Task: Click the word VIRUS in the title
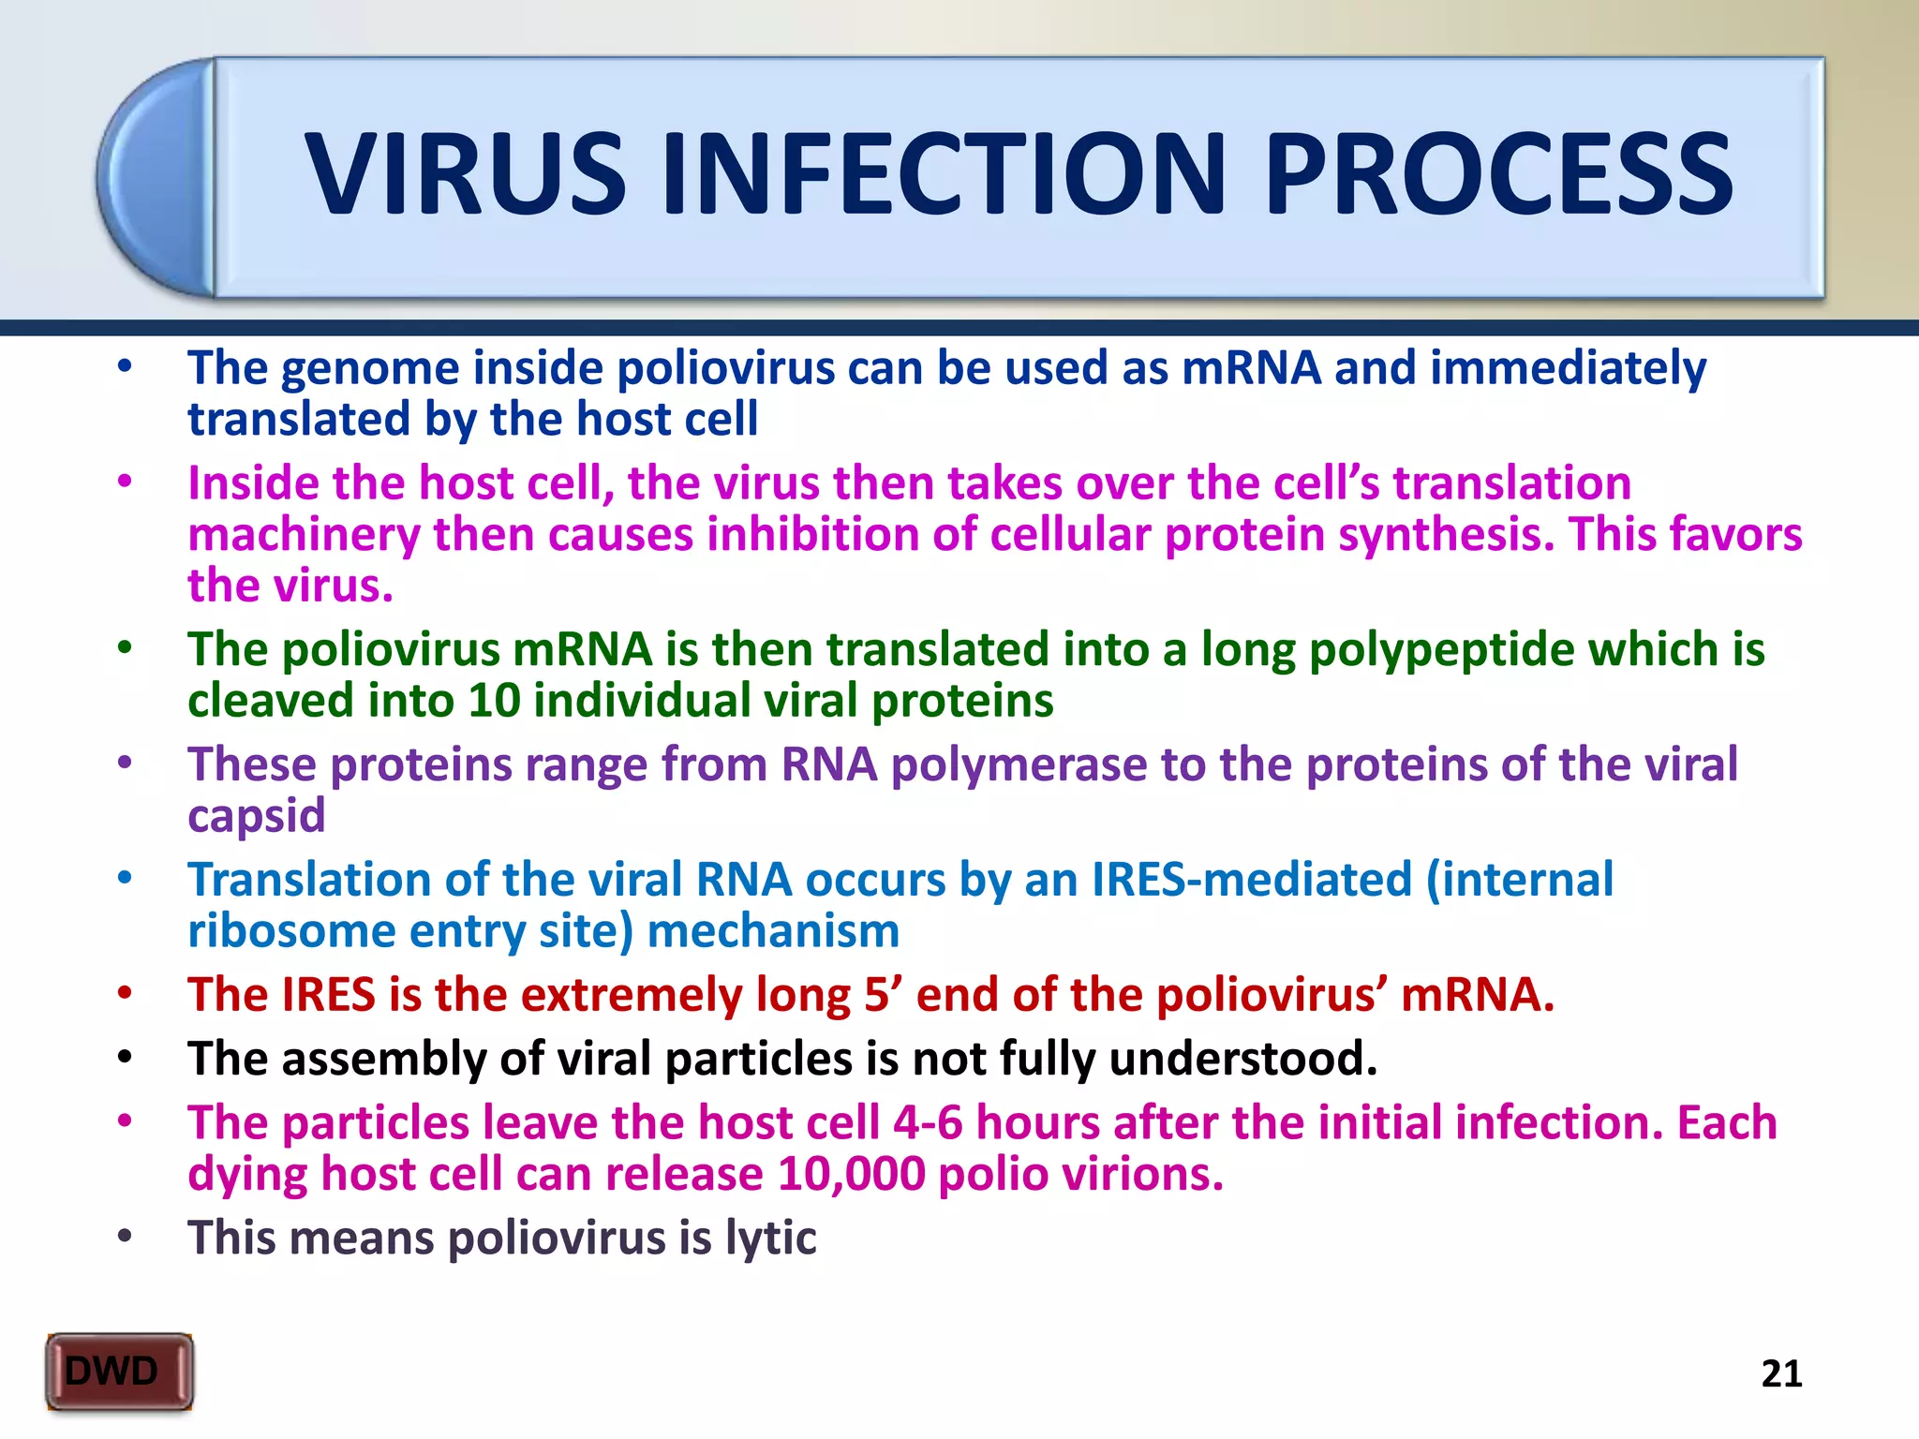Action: tap(466, 174)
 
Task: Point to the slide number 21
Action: tap(1781, 1373)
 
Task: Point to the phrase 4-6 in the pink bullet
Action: tap(928, 1122)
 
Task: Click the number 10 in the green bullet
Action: tap(494, 701)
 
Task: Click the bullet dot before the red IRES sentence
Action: tap(125, 993)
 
